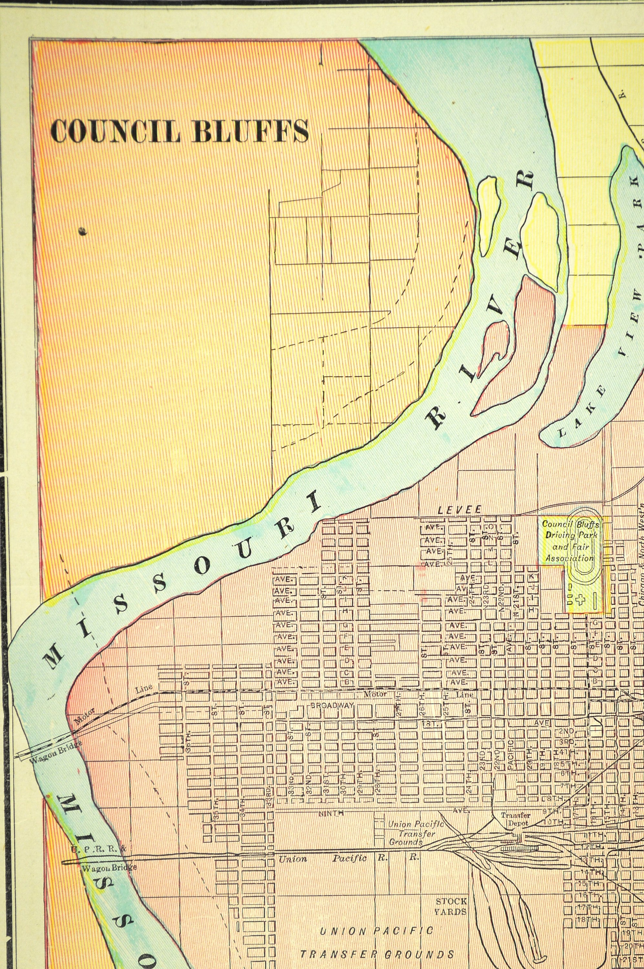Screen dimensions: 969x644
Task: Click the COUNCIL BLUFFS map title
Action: point(179,131)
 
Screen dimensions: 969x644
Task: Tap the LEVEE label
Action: point(459,510)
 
